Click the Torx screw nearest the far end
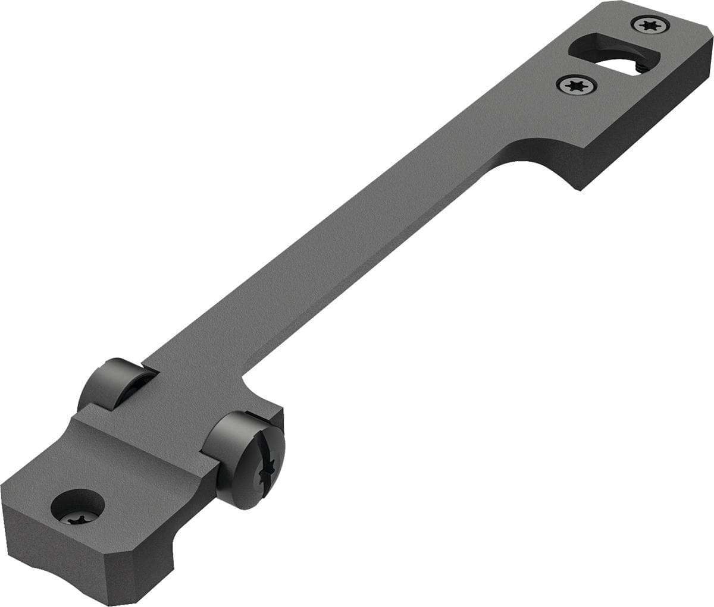[650, 24]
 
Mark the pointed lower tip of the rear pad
[578, 189]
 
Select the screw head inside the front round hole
[77, 518]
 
